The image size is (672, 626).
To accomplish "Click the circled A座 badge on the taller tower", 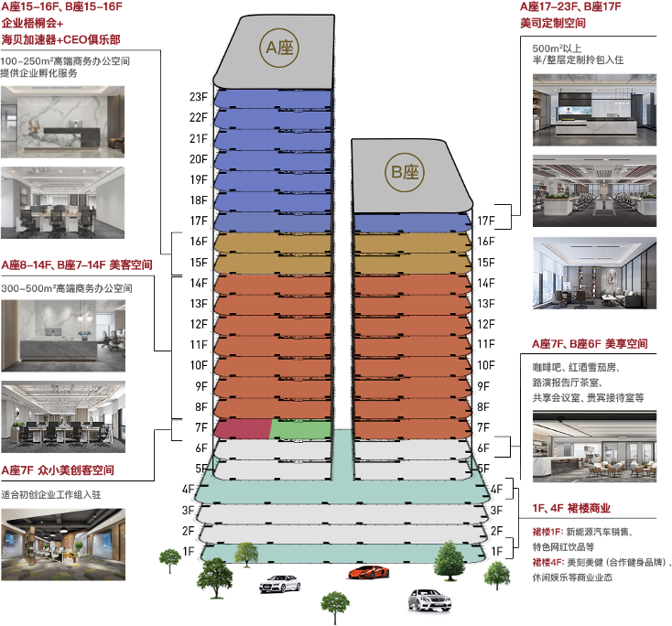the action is tap(279, 48).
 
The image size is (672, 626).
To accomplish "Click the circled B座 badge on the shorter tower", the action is tap(405, 172).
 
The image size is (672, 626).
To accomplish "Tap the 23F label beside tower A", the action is tap(199, 97).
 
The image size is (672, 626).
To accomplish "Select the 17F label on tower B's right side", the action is tap(486, 221).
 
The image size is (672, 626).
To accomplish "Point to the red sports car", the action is tap(369, 572).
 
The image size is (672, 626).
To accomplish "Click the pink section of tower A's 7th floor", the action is tap(242, 429).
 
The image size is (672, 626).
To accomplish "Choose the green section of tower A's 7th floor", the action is tap(301, 430).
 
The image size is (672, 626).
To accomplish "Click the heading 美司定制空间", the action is tap(553, 23).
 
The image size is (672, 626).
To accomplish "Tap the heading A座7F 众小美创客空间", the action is tap(58, 470).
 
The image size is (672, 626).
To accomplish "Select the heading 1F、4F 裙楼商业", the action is tap(571, 508).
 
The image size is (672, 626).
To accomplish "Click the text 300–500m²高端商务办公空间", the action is tap(67, 288).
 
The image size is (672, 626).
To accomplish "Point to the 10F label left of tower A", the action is tap(199, 365).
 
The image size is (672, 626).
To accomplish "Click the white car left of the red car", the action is tap(280, 584).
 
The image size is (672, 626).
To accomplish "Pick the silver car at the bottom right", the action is tap(429, 600).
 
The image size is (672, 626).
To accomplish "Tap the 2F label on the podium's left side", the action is tap(189, 531).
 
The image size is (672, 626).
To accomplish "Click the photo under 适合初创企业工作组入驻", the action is tap(63, 545).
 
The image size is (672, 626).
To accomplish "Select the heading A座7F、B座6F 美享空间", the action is tap(590, 343).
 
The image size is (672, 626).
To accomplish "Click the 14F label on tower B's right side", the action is tap(486, 283).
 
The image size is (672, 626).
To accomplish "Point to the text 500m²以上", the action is tap(557, 49).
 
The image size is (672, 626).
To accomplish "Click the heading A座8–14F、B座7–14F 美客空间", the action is tap(77, 264).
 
